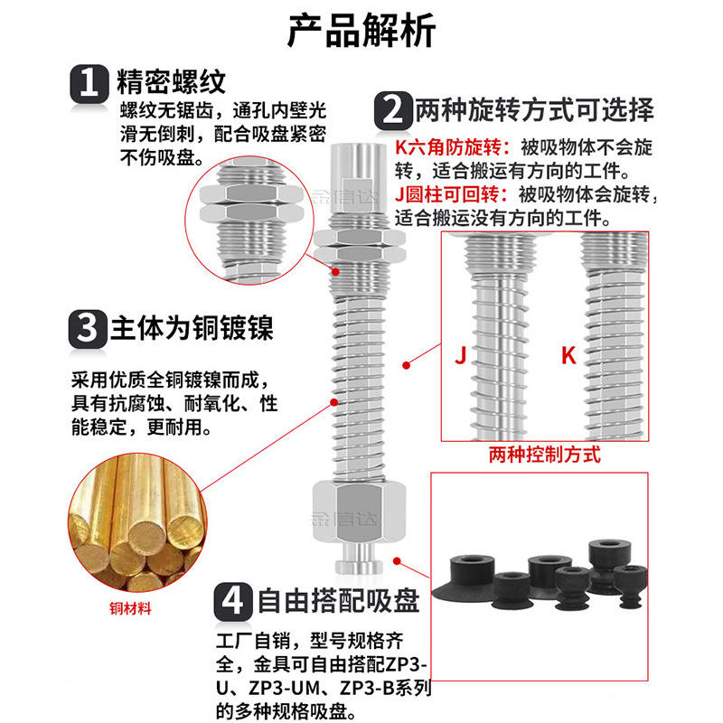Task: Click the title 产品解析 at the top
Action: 361,30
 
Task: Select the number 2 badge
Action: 392,111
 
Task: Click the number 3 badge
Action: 89,327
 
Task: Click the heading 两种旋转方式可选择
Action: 533,111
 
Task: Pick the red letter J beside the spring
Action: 460,355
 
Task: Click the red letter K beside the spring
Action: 568,355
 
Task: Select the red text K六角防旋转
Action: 453,147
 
